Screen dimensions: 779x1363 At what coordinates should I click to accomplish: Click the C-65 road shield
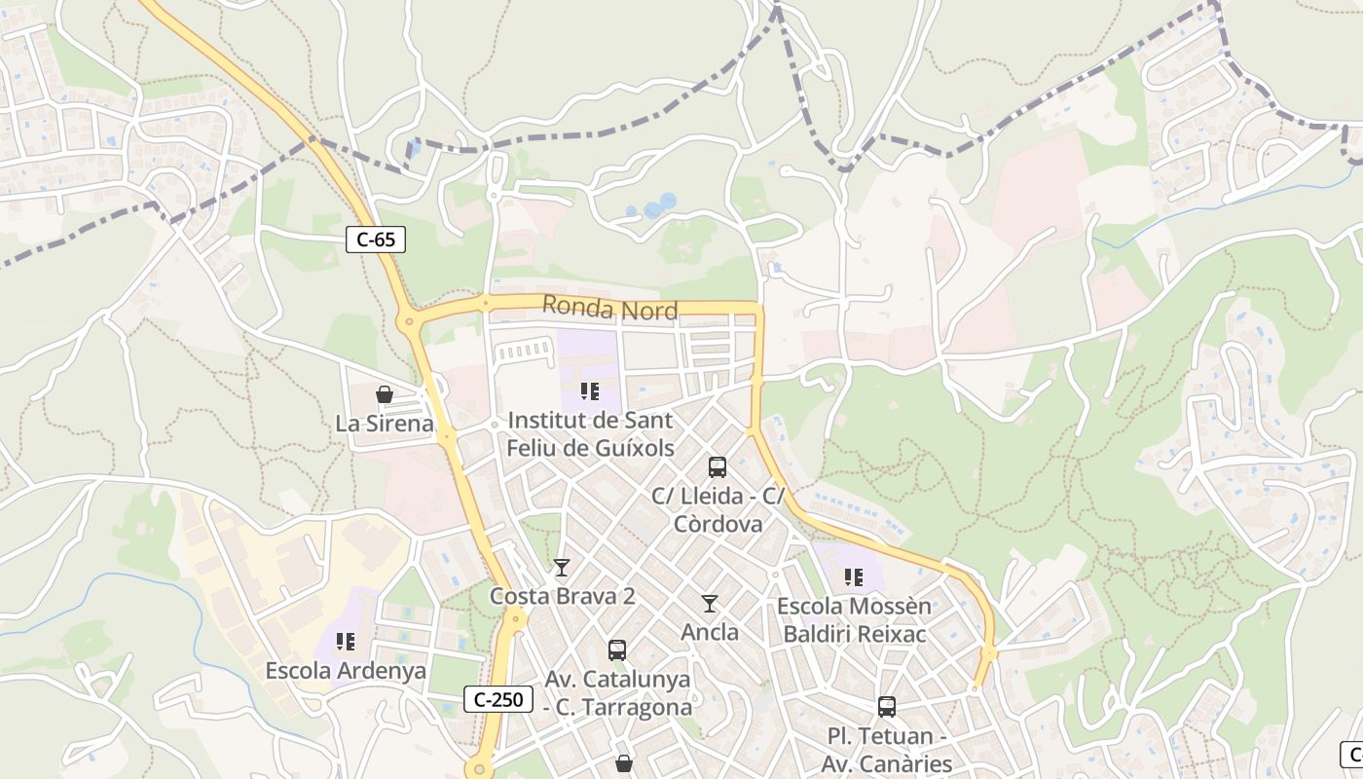tap(376, 240)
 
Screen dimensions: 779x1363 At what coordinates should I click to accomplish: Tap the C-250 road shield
tap(498, 699)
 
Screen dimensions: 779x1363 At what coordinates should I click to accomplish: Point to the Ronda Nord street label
tap(609, 308)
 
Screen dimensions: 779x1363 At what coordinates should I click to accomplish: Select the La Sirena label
tap(385, 424)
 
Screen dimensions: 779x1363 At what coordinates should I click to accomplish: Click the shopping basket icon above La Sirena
tap(385, 394)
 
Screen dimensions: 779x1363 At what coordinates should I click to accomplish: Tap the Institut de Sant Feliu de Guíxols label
tap(590, 434)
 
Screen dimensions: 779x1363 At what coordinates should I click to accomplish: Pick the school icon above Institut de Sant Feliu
tap(589, 391)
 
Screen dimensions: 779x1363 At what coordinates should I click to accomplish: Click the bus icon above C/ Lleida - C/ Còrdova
tap(718, 467)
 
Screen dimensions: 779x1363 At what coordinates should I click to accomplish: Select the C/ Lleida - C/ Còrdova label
tap(718, 509)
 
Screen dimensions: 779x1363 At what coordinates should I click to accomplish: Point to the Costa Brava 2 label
tap(562, 596)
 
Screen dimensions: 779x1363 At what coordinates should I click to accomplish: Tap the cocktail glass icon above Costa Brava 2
tap(562, 568)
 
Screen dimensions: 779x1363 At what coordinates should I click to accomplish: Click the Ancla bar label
tap(710, 632)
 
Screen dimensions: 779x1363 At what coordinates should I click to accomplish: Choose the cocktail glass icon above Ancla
tap(710, 604)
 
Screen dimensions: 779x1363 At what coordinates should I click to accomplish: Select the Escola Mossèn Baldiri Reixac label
tap(854, 620)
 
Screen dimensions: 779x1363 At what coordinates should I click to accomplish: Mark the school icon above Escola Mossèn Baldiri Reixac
tap(854, 577)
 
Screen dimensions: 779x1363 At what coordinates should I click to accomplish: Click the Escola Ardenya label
tap(346, 671)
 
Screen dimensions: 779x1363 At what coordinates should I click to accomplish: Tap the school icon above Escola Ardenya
tap(346, 642)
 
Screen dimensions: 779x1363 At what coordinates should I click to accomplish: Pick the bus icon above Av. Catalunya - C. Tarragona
tap(617, 650)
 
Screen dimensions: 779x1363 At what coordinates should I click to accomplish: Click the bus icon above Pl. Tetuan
tap(886, 707)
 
